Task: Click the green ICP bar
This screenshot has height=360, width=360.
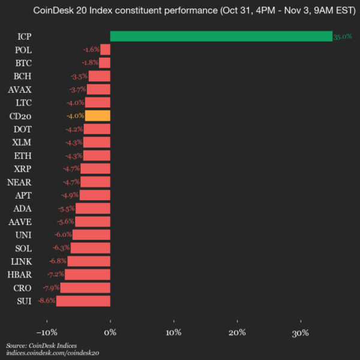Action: coord(221,37)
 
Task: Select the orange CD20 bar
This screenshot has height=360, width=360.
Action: coord(98,116)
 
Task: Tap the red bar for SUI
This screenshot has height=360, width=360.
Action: coord(83,301)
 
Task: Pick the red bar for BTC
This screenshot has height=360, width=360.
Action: coord(104,63)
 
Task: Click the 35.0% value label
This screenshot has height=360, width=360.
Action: coord(342,37)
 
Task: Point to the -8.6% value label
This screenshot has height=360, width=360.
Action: coord(46,301)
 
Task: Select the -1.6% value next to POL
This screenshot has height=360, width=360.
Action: coord(91,50)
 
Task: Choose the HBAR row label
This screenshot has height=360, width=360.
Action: coord(20,274)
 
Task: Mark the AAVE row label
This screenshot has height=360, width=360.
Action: coord(20,221)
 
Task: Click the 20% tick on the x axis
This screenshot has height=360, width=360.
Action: coord(237,333)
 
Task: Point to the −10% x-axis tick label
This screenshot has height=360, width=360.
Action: coord(47,333)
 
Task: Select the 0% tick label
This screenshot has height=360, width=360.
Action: coord(110,333)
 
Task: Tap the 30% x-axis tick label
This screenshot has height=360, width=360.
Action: coord(301,333)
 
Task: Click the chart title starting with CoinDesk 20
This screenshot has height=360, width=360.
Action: coord(180,11)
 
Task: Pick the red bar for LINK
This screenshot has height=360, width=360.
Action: coord(89,261)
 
